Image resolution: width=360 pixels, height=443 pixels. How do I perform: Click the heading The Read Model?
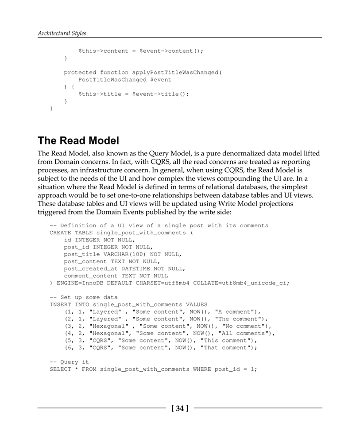coord(78,141)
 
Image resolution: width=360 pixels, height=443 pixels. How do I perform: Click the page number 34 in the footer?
coord(179,408)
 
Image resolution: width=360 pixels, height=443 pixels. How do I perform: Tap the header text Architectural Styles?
coord(62,33)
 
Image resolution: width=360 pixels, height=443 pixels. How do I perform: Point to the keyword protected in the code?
coord(80,73)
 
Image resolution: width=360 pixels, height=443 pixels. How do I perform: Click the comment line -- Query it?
coord(69,362)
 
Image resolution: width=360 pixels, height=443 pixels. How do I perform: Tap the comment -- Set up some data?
coord(84,297)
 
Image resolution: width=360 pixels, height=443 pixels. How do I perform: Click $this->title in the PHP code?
coord(101,94)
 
